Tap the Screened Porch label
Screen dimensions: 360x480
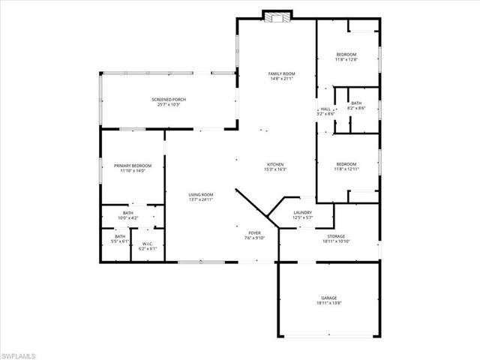click(169, 100)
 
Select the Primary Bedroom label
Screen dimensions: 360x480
click(133, 165)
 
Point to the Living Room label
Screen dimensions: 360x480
click(201, 195)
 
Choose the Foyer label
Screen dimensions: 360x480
click(254, 234)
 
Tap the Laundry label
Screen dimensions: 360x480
click(302, 213)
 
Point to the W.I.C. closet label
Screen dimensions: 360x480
click(148, 243)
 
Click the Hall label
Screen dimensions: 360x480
click(325, 109)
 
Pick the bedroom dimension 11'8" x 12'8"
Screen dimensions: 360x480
click(346, 60)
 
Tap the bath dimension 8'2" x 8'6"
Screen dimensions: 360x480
click(356, 108)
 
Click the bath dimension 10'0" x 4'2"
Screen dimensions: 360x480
click(128, 219)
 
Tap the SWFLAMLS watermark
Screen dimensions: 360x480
click(22, 352)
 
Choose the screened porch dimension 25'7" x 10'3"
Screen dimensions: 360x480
click(169, 105)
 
